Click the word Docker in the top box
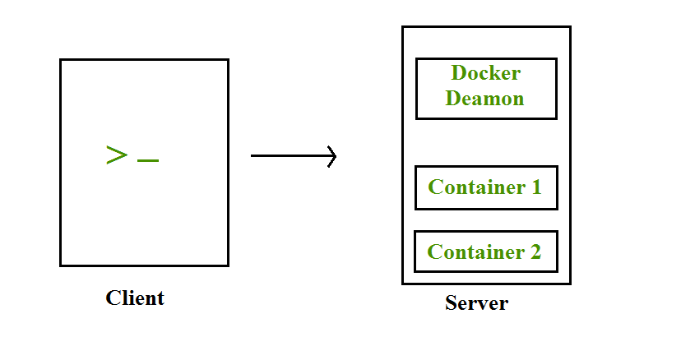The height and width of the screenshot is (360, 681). [x=485, y=74]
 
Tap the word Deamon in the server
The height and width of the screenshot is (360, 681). [x=485, y=99]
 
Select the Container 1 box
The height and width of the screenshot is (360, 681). [x=486, y=187]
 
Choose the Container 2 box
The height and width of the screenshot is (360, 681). [x=485, y=252]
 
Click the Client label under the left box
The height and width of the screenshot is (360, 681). [x=135, y=298]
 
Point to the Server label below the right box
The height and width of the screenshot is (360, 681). [x=476, y=303]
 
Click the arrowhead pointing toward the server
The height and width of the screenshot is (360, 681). [x=332, y=155]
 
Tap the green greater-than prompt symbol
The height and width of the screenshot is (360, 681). [x=117, y=155]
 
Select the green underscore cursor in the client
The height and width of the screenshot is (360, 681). [x=148, y=160]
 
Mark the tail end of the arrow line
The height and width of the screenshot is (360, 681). [x=252, y=155]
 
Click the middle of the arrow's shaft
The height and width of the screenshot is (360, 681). [x=292, y=155]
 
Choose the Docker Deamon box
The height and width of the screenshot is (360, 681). [x=486, y=88]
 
